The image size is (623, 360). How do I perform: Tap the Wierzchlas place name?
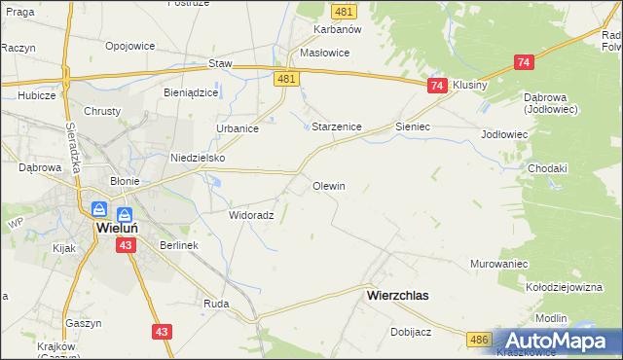tap(397, 293)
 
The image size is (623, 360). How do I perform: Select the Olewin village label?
tap(328, 185)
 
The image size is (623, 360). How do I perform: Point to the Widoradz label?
tap(250, 215)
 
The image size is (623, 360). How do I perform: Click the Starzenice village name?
tap(337, 127)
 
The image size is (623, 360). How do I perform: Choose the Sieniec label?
tap(413, 127)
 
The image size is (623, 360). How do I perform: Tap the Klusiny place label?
tap(469, 85)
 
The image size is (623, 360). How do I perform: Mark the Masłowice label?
tap(325, 53)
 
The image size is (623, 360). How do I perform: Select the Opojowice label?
tap(131, 47)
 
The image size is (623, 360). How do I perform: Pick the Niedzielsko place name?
tap(198, 158)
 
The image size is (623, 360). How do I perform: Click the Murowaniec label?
tap(498, 264)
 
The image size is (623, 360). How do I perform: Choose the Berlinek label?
tap(179, 245)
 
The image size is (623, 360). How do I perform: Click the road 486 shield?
tap(478, 339)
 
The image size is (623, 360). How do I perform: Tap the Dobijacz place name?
tap(410, 331)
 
